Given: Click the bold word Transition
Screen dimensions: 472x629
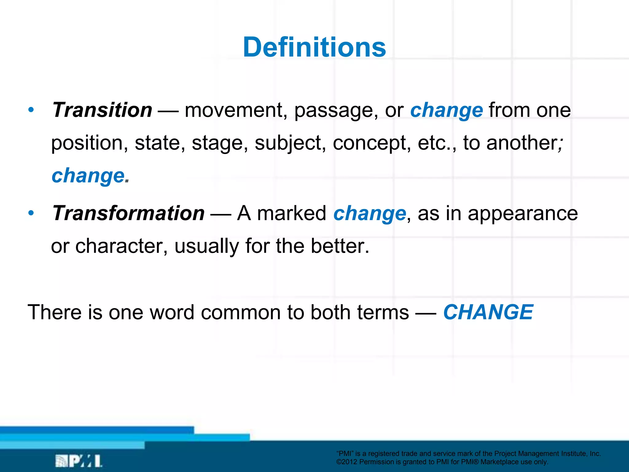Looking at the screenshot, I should (x=102, y=110).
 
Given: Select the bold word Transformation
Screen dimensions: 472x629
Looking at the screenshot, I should (x=128, y=213).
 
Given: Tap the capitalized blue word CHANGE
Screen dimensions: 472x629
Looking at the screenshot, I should (x=488, y=312).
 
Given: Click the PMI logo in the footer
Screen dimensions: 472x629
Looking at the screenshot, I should (x=79, y=461).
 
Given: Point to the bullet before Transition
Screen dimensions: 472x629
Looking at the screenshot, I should (x=31, y=110).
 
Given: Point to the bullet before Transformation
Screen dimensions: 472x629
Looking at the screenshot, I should (x=31, y=213).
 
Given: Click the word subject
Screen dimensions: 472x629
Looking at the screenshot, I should (x=290, y=143).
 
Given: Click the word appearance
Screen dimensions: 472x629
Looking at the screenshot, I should (x=522, y=214).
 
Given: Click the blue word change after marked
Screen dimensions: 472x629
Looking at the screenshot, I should (x=370, y=214).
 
